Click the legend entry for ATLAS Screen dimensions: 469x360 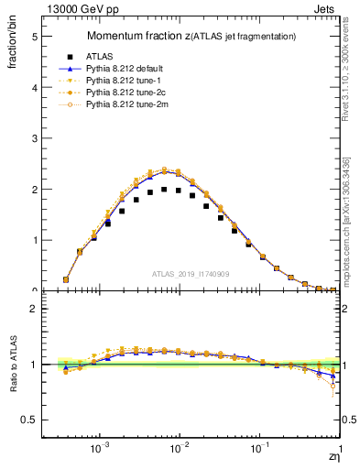(98, 57)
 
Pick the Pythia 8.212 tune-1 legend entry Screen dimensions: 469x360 (118, 81)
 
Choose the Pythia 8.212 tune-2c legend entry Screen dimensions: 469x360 (120, 93)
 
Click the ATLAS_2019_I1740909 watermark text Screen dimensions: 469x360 (191, 274)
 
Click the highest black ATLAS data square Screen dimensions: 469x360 (164, 190)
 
